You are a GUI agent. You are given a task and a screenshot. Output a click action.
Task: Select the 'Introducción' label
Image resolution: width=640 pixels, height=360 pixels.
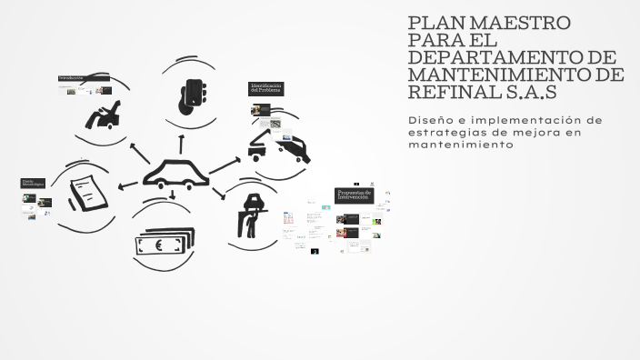point(72,78)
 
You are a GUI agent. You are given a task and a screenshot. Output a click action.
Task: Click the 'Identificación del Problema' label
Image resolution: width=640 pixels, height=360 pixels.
point(266,88)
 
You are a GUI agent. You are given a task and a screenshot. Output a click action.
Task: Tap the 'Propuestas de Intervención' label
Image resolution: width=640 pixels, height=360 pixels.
point(353,195)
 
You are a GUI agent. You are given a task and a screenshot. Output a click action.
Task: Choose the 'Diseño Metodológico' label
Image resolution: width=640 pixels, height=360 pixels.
point(34,184)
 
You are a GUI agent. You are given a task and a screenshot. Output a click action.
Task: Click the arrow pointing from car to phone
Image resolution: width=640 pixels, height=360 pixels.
point(182,143)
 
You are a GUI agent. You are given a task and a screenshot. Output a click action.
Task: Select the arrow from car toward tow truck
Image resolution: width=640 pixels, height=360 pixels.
point(225,164)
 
